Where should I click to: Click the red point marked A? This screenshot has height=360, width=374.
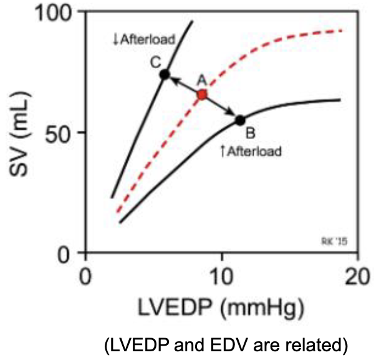click(202, 95)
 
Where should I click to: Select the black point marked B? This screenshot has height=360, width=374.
click(240, 120)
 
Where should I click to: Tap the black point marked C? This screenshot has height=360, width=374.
click(165, 74)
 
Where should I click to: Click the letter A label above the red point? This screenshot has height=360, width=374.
click(201, 79)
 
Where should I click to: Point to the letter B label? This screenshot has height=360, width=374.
click(251, 133)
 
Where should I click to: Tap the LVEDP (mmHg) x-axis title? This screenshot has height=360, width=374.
click(220, 306)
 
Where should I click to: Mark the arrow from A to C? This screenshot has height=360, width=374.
click(183, 84)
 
